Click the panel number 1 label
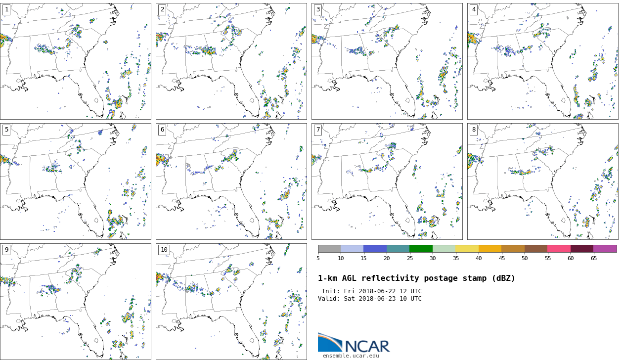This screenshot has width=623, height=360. coord(6,9)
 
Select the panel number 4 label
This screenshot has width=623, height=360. coord(474,9)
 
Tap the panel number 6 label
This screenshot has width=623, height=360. coord(162,130)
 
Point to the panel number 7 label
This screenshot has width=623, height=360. coord(318,130)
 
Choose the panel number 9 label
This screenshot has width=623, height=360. coord(6,250)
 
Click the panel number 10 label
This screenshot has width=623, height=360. coord(164,250)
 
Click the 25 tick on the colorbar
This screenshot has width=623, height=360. coord(409,258)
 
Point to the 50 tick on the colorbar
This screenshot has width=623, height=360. coord(525,258)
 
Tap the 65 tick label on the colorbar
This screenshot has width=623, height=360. coord(593,258)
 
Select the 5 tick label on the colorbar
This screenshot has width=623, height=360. coord(318,258)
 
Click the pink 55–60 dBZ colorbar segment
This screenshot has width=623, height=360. coord(559,249)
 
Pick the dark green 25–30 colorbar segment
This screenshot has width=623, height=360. coord(421,249)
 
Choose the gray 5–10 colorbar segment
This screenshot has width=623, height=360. coord(329,249)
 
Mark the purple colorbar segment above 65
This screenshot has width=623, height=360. coord(605,249)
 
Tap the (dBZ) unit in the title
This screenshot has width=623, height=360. coord(501,278)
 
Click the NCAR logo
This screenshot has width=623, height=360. coord(354,343)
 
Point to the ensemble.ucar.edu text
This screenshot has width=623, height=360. coord(351,356)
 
